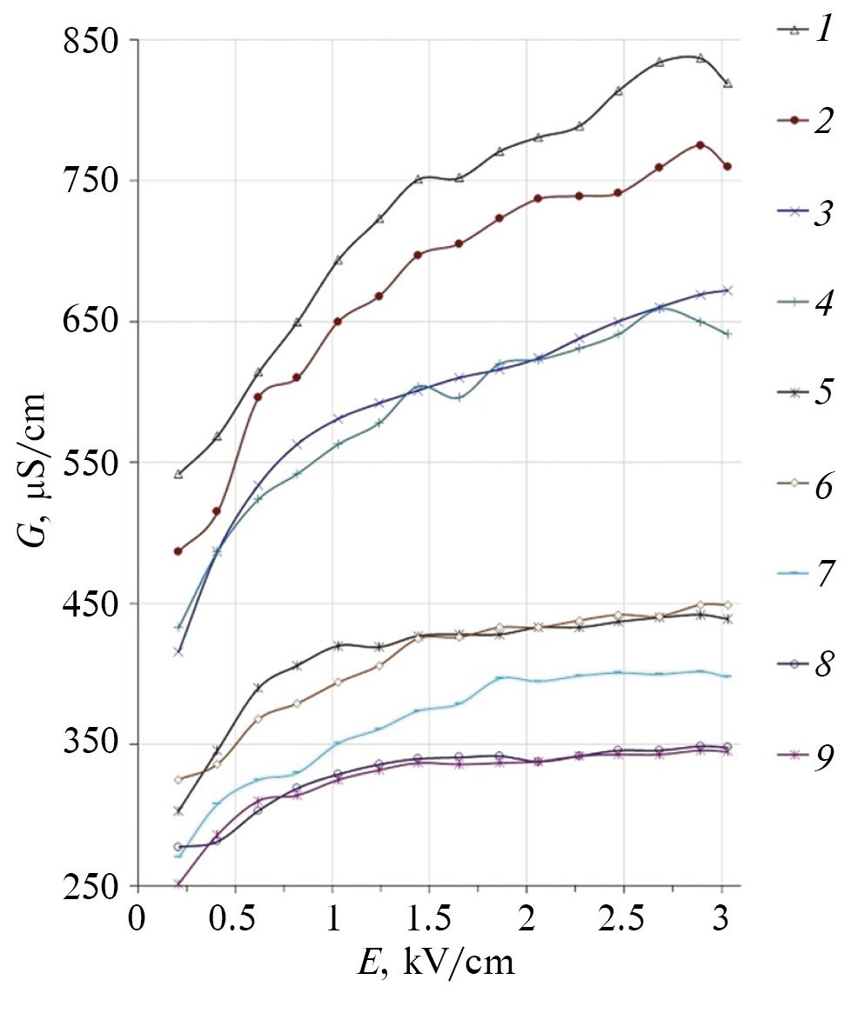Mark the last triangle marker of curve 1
pos(727,83)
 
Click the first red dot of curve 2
pos(178,551)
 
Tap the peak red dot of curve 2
pos(700,144)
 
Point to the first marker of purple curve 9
pos(178,884)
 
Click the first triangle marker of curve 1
pos(178,475)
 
